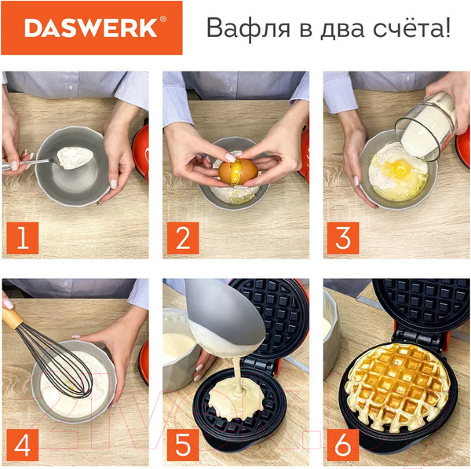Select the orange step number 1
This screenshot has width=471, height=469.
click(x=22, y=237)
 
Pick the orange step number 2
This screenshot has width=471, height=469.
click(x=183, y=237)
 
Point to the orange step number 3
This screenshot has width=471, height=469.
click(x=343, y=237)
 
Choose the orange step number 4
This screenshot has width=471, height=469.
click(x=22, y=445)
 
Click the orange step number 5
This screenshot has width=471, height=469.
click(x=183, y=445)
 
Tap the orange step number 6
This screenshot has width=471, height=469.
click(x=343, y=445)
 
